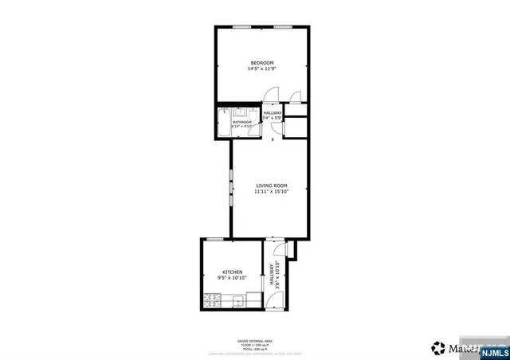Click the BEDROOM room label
click(262, 63)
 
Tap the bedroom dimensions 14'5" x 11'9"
click(262, 69)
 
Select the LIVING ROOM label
click(271, 186)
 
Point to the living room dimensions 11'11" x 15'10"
click(271, 192)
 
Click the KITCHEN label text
click(232, 272)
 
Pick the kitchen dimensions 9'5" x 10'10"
click(232, 278)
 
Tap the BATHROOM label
click(242, 122)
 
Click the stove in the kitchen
click(213, 301)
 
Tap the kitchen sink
click(237, 300)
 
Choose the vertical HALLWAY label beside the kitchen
click(273, 275)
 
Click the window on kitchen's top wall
click(214, 239)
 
